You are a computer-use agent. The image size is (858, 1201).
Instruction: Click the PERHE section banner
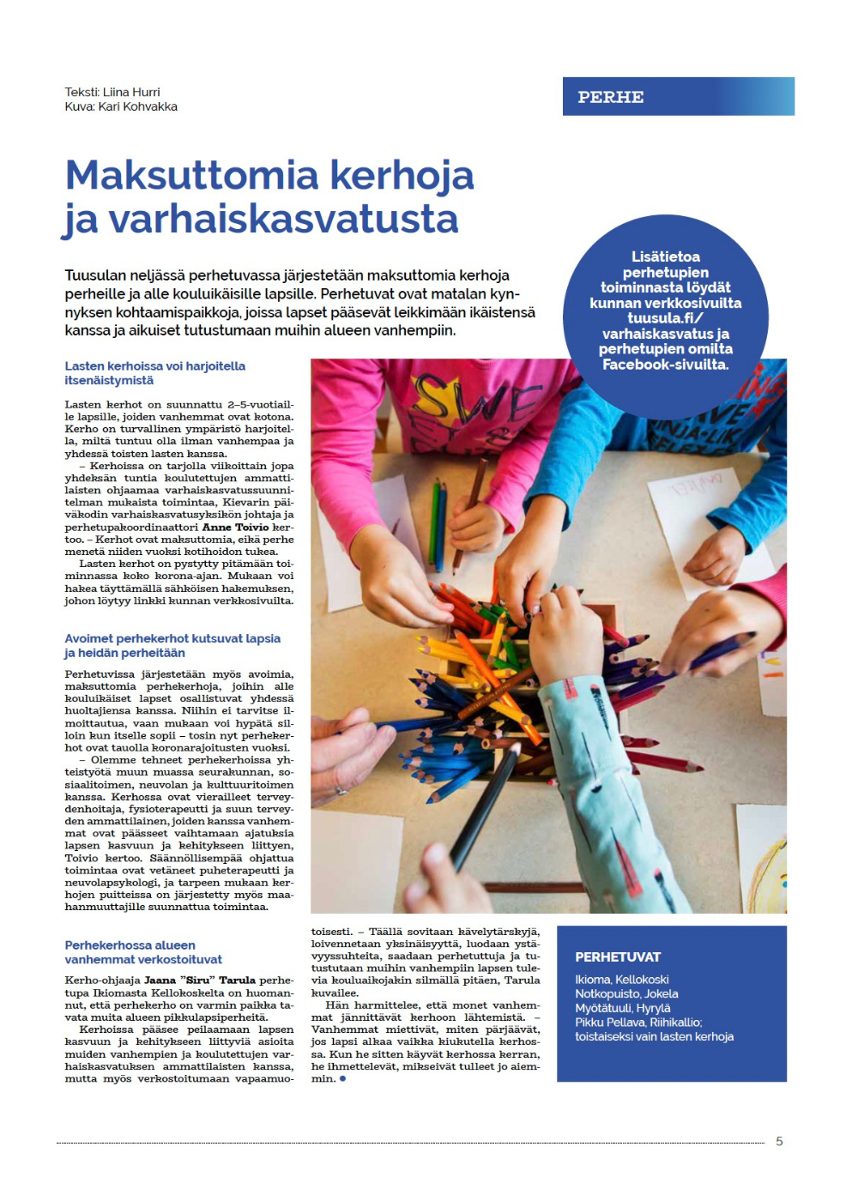(678, 97)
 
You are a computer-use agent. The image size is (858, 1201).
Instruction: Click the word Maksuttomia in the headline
(194, 175)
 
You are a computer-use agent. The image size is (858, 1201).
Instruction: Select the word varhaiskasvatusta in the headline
(283, 219)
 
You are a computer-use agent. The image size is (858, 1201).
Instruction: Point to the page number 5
(779, 1141)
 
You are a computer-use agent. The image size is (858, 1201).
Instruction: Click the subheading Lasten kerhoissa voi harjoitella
(155, 366)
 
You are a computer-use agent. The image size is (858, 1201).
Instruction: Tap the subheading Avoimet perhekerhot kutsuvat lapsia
(172, 638)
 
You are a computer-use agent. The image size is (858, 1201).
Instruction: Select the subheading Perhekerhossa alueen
(130, 945)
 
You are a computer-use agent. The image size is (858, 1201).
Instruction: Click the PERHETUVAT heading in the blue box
(618, 957)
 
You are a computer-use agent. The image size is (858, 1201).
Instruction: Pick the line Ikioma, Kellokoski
(622, 980)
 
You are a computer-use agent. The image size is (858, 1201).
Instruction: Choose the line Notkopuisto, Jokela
(626, 993)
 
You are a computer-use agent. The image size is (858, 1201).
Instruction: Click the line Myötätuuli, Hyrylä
(623, 1008)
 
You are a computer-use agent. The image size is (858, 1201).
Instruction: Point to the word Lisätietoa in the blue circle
(666, 256)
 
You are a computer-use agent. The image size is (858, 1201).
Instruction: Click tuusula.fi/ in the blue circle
(666, 318)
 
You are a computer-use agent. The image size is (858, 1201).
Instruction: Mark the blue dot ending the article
(343, 1078)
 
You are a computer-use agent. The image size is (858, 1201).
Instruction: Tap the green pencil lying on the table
(435, 515)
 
